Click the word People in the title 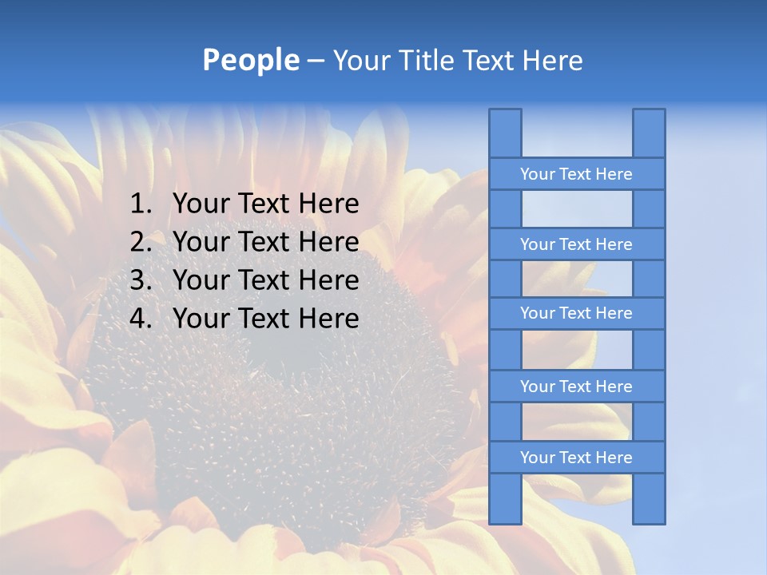click(x=250, y=61)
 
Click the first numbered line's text click(x=265, y=204)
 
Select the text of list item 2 click(x=265, y=242)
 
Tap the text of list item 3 click(x=265, y=280)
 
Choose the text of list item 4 click(x=265, y=319)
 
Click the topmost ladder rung click(x=576, y=174)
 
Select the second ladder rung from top click(x=576, y=244)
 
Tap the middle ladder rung click(x=576, y=314)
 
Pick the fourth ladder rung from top click(x=576, y=387)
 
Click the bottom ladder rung click(x=576, y=458)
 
